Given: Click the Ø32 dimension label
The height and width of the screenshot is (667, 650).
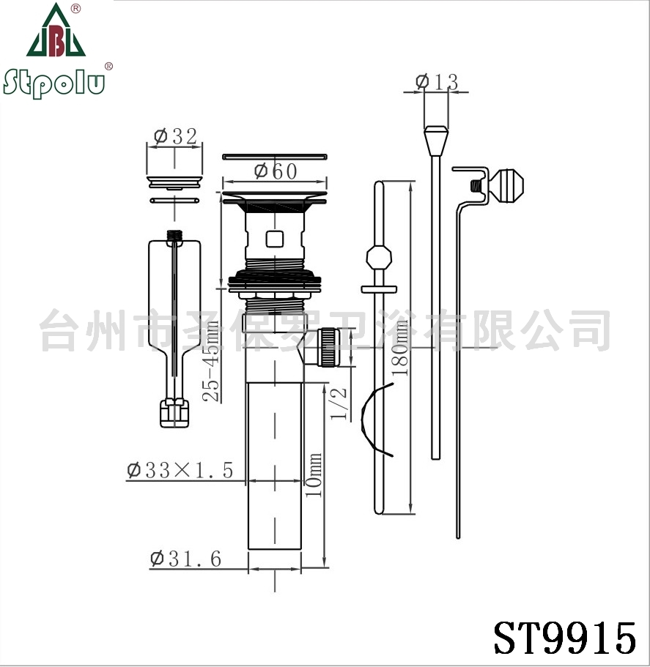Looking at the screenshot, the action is point(175,136).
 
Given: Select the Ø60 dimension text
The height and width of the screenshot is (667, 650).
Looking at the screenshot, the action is point(276,171).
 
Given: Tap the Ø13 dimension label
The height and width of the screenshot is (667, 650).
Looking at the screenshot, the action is point(437,82).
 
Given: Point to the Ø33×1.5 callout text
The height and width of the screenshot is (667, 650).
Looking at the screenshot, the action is point(180,471).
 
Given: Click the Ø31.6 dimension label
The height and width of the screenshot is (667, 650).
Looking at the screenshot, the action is point(185,559).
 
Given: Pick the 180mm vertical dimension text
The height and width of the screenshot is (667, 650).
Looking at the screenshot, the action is point(399,348).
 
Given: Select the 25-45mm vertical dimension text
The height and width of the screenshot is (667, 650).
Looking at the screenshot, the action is point(211,361).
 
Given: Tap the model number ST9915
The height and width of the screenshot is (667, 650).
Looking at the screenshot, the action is point(565,638).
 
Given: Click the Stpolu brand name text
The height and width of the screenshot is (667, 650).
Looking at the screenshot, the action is point(54,83).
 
